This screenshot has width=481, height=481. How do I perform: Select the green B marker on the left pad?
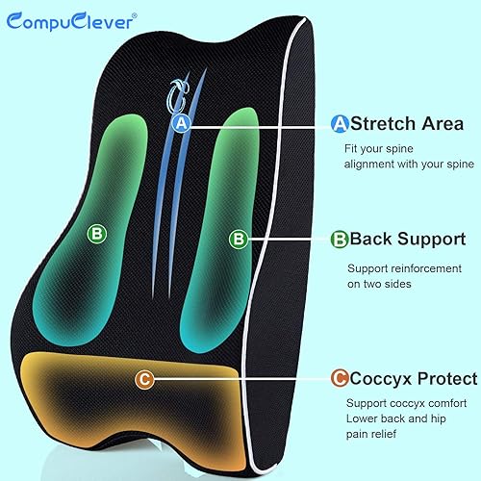click(95, 232)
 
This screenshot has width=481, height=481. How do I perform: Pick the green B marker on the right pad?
click(240, 238)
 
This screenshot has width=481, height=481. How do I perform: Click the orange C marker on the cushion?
click(143, 380)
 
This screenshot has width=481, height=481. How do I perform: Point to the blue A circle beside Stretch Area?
click(339, 123)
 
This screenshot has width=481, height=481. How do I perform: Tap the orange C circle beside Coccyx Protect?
click(339, 379)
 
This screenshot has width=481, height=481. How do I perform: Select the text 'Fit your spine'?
click(378, 149)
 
